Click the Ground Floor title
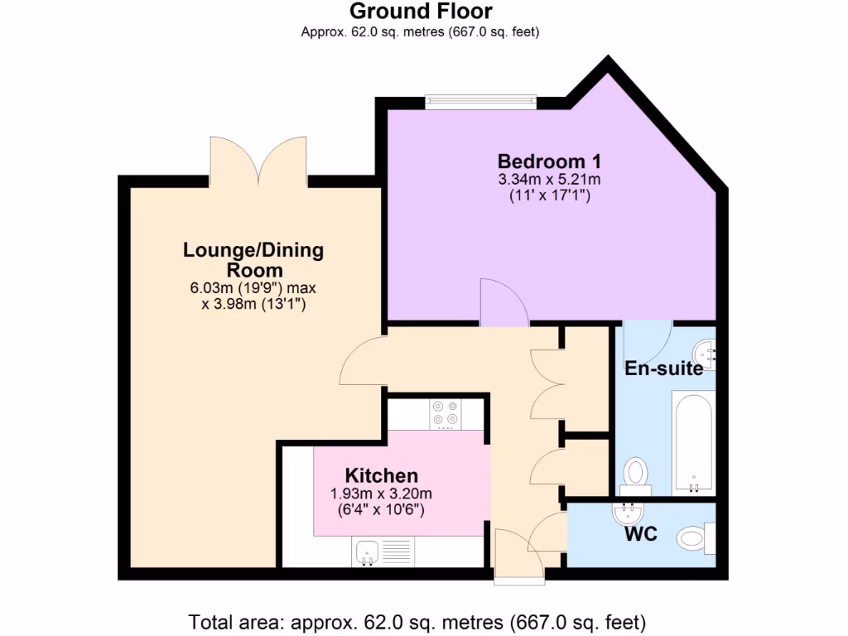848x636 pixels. (x=421, y=12)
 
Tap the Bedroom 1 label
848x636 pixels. (x=549, y=161)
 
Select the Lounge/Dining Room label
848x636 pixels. (x=253, y=260)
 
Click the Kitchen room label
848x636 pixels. (x=381, y=475)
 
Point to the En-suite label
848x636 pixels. (x=663, y=369)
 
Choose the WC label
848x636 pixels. (x=641, y=534)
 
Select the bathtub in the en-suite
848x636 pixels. (x=693, y=442)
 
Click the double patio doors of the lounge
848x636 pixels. (x=258, y=161)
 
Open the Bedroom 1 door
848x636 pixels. (x=503, y=302)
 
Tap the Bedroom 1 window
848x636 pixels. (x=480, y=102)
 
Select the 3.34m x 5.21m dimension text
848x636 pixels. (x=548, y=180)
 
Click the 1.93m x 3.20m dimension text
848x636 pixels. (x=381, y=494)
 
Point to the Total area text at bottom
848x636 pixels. (x=417, y=621)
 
